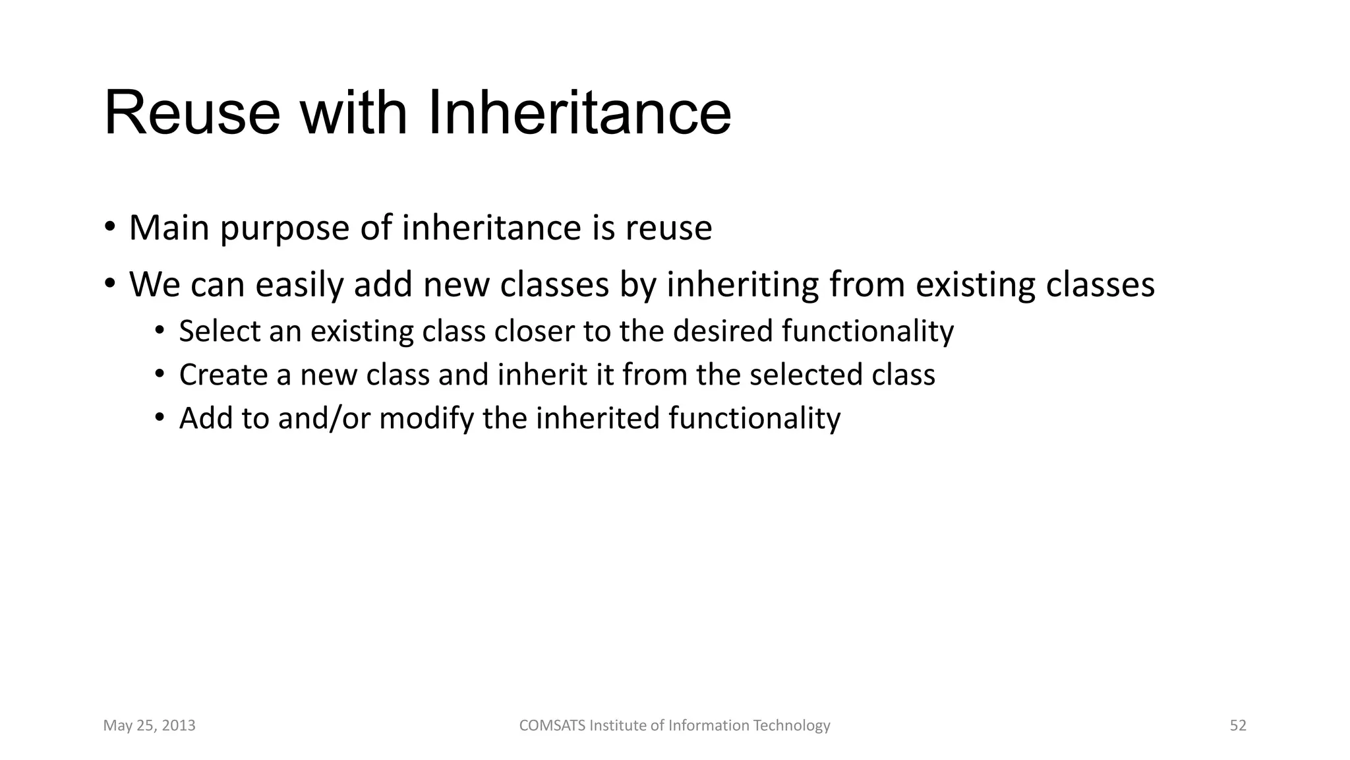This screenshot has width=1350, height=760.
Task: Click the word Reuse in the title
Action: click(192, 113)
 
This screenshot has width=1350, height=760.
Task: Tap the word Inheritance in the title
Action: click(579, 113)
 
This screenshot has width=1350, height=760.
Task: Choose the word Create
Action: click(223, 375)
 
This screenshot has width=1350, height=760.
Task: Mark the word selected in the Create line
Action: click(806, 375)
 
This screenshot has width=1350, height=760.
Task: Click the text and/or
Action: click(324, 419)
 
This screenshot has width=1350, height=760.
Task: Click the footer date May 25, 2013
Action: click(149, 726)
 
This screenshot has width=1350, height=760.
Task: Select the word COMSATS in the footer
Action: click(552, 726)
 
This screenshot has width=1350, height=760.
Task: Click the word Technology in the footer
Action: click(791, 726)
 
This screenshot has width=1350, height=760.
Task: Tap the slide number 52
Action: click(1238, 726)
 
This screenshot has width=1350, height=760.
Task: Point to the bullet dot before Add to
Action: click(159, 418)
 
